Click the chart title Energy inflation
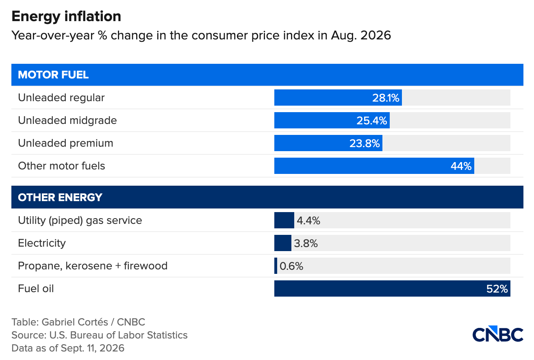[66, 17]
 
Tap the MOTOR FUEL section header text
[53, 75]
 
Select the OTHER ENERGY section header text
[60, 197]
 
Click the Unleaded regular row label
[61, 98]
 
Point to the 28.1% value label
[386, 98]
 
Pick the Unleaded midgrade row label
[67, 120]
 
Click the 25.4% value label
[372, 121]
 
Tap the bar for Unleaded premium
[328, 143]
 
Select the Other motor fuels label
[61, 166]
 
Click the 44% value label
[461, 166]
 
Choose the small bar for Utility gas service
[284, 220]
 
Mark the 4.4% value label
[308, 221]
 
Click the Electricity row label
[42, 243]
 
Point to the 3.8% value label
[306, 243]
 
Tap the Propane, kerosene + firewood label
[93, 266]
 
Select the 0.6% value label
[291, 266]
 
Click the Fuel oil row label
[36, 288]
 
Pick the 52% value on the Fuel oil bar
[497, 289]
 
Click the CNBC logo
[498, 334]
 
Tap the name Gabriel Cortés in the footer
[75, 322]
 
